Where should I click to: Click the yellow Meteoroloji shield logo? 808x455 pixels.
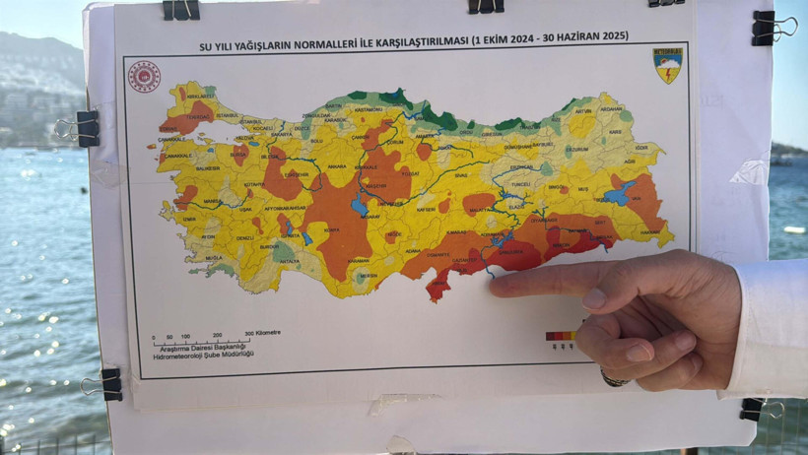(x=668, y=65)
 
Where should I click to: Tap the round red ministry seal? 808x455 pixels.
(x=144, y=77)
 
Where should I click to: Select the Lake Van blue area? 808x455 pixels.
(x=620, y=194)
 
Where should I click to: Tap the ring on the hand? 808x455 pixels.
(x=615, y=378)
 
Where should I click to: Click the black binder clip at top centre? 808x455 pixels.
(x=485, y=6)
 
